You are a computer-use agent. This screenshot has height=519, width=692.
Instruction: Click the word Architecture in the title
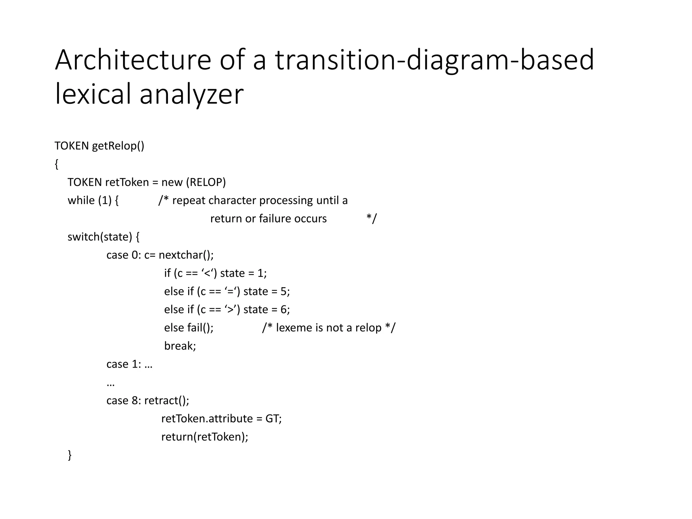coord(133,60)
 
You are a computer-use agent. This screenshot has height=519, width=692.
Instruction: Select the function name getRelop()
coord(118,146)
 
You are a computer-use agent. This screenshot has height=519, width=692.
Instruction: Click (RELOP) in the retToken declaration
coord(206,182)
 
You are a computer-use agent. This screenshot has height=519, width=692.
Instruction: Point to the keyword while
coord(81,200)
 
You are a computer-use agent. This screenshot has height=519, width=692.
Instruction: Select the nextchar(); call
coord(186,255)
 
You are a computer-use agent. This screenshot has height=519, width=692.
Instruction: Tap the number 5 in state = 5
coord(284,291)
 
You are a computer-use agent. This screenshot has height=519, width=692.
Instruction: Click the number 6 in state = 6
coord(284,310)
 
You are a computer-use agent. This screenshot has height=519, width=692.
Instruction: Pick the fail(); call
coord(200,328)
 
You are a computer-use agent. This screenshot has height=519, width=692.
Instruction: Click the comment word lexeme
coord(294,328)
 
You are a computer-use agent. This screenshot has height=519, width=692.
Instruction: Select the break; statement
coord(180,346)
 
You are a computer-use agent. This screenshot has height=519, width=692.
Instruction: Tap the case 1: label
coord(124,364)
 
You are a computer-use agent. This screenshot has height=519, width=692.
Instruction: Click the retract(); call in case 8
coord(167,401)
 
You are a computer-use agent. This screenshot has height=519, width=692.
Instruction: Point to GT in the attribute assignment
coord(272,419)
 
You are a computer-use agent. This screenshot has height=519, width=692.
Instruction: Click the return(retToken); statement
coord(205,437)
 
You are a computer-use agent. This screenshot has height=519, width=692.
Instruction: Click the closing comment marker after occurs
coord(371,219)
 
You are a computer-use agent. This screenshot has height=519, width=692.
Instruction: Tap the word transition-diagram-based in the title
coord(435,60)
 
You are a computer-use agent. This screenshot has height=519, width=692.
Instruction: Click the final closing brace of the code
coord(70,455)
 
